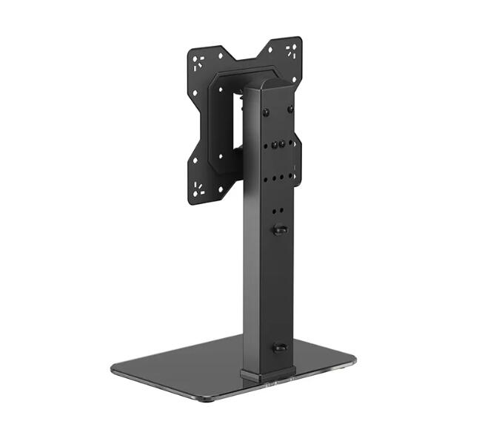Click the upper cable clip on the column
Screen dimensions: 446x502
point(280,230)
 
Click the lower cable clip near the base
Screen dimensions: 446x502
point(279,346)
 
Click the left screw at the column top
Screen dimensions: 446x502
point(265,112)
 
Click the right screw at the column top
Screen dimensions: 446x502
point(290,109)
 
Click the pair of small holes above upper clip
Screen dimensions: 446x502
point(278,211)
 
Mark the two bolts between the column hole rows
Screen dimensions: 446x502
point(278,144)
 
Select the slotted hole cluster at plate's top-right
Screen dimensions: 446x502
point(291,50)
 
